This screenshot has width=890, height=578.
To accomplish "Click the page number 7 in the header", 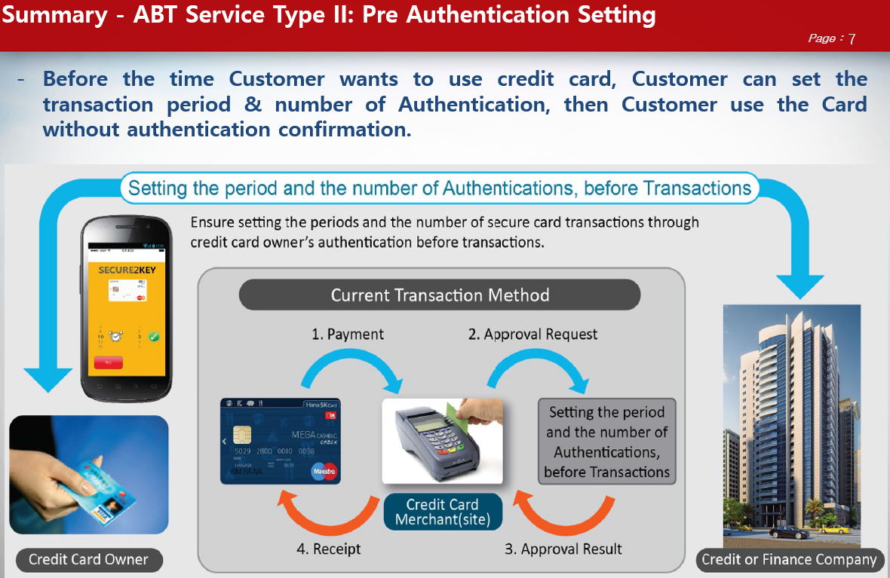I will (x=852, y=39).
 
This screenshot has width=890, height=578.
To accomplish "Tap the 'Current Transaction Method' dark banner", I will (x=440, y=295).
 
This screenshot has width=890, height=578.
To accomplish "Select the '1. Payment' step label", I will (x=348, y=334).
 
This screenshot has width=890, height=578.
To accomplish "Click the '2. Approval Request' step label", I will (x=532, y=334).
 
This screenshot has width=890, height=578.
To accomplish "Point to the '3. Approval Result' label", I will (x=563, y=549).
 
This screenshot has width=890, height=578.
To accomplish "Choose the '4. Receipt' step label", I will (x=328, y=549).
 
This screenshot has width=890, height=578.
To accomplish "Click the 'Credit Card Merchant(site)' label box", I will (x=442, y=512).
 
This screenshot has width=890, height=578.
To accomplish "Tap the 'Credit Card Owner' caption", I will (x=88, y=560).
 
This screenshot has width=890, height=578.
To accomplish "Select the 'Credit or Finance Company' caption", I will (x=789, y=559).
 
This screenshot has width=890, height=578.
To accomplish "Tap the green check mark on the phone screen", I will (x=154, y=336).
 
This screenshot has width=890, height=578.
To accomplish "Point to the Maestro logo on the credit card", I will (x=324, y=471).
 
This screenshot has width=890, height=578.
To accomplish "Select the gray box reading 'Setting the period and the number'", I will (x=607, y=442).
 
